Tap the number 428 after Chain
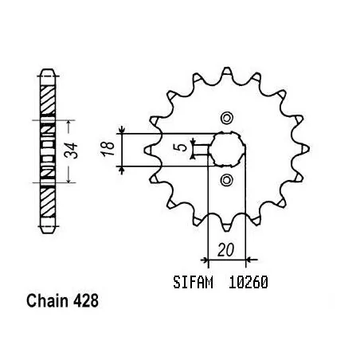88,303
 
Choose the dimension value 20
228,249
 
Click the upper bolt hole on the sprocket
226,118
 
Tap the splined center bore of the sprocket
226,147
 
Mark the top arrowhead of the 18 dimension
122,131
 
